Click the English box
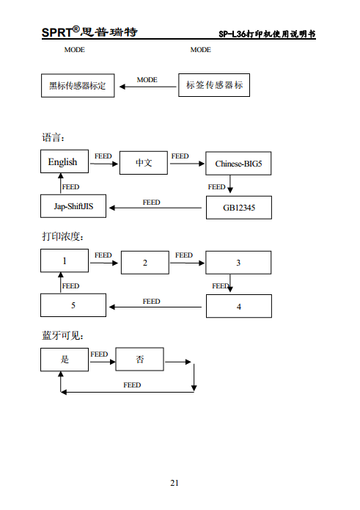(x=63, y=162)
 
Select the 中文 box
(x=144, y=163)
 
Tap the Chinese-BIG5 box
(x=238, y=164)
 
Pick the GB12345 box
(x=238, y=208)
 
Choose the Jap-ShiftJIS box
(x=73, y=206)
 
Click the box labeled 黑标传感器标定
(x=78, y=86)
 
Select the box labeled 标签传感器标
(x=213, y=85)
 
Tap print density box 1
(x=65, y=261)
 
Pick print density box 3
(x=238, y=263)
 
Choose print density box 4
(x=238, y=306)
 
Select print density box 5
(x=73, y=305)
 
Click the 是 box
(x=65, y=360)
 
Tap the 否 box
(x=139, y=360)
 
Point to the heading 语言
(x=53, y=137)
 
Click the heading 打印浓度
(x=62, y=236)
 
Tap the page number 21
(x=175, y=482)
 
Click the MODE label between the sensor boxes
(x=147, y=79)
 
